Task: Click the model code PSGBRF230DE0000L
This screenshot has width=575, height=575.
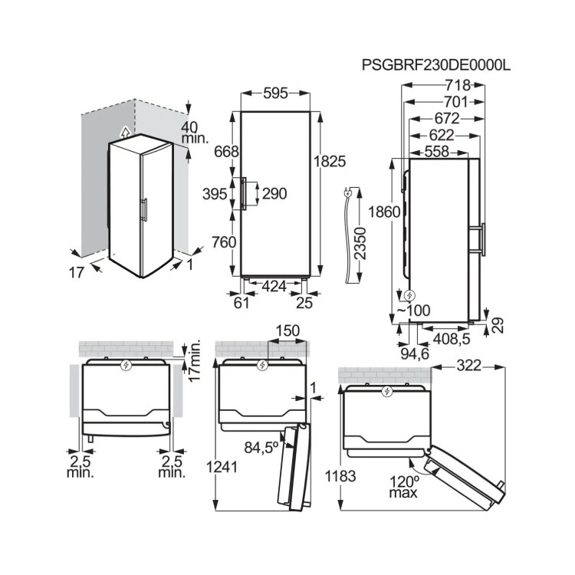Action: [435, 65]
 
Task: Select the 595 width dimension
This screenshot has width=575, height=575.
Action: [275, 93]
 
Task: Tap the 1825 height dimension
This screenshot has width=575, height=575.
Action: [330, 161]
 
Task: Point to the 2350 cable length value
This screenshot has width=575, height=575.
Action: [361, 243]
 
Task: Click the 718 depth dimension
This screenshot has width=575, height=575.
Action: [458, 85]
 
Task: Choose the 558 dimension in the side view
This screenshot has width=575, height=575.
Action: [436, 152]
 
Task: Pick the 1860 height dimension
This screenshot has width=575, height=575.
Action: [384, 212]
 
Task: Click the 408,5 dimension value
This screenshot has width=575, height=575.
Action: [452, 339]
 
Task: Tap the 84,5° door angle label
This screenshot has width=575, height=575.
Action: [261, 448]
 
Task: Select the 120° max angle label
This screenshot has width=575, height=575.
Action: [404, 486]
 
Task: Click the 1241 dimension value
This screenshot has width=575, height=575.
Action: [222, 467]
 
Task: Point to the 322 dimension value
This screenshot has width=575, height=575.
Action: [468, 366]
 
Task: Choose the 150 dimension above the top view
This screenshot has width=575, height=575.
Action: [287, 330]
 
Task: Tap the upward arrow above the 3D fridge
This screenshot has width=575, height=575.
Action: [126, 132]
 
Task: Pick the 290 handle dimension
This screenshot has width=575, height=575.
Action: [274, 194]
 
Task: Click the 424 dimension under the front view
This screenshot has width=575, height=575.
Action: [274, 286]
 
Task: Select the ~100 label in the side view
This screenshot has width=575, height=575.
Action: [413, 310]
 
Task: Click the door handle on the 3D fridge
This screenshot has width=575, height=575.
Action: [145, 210]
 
